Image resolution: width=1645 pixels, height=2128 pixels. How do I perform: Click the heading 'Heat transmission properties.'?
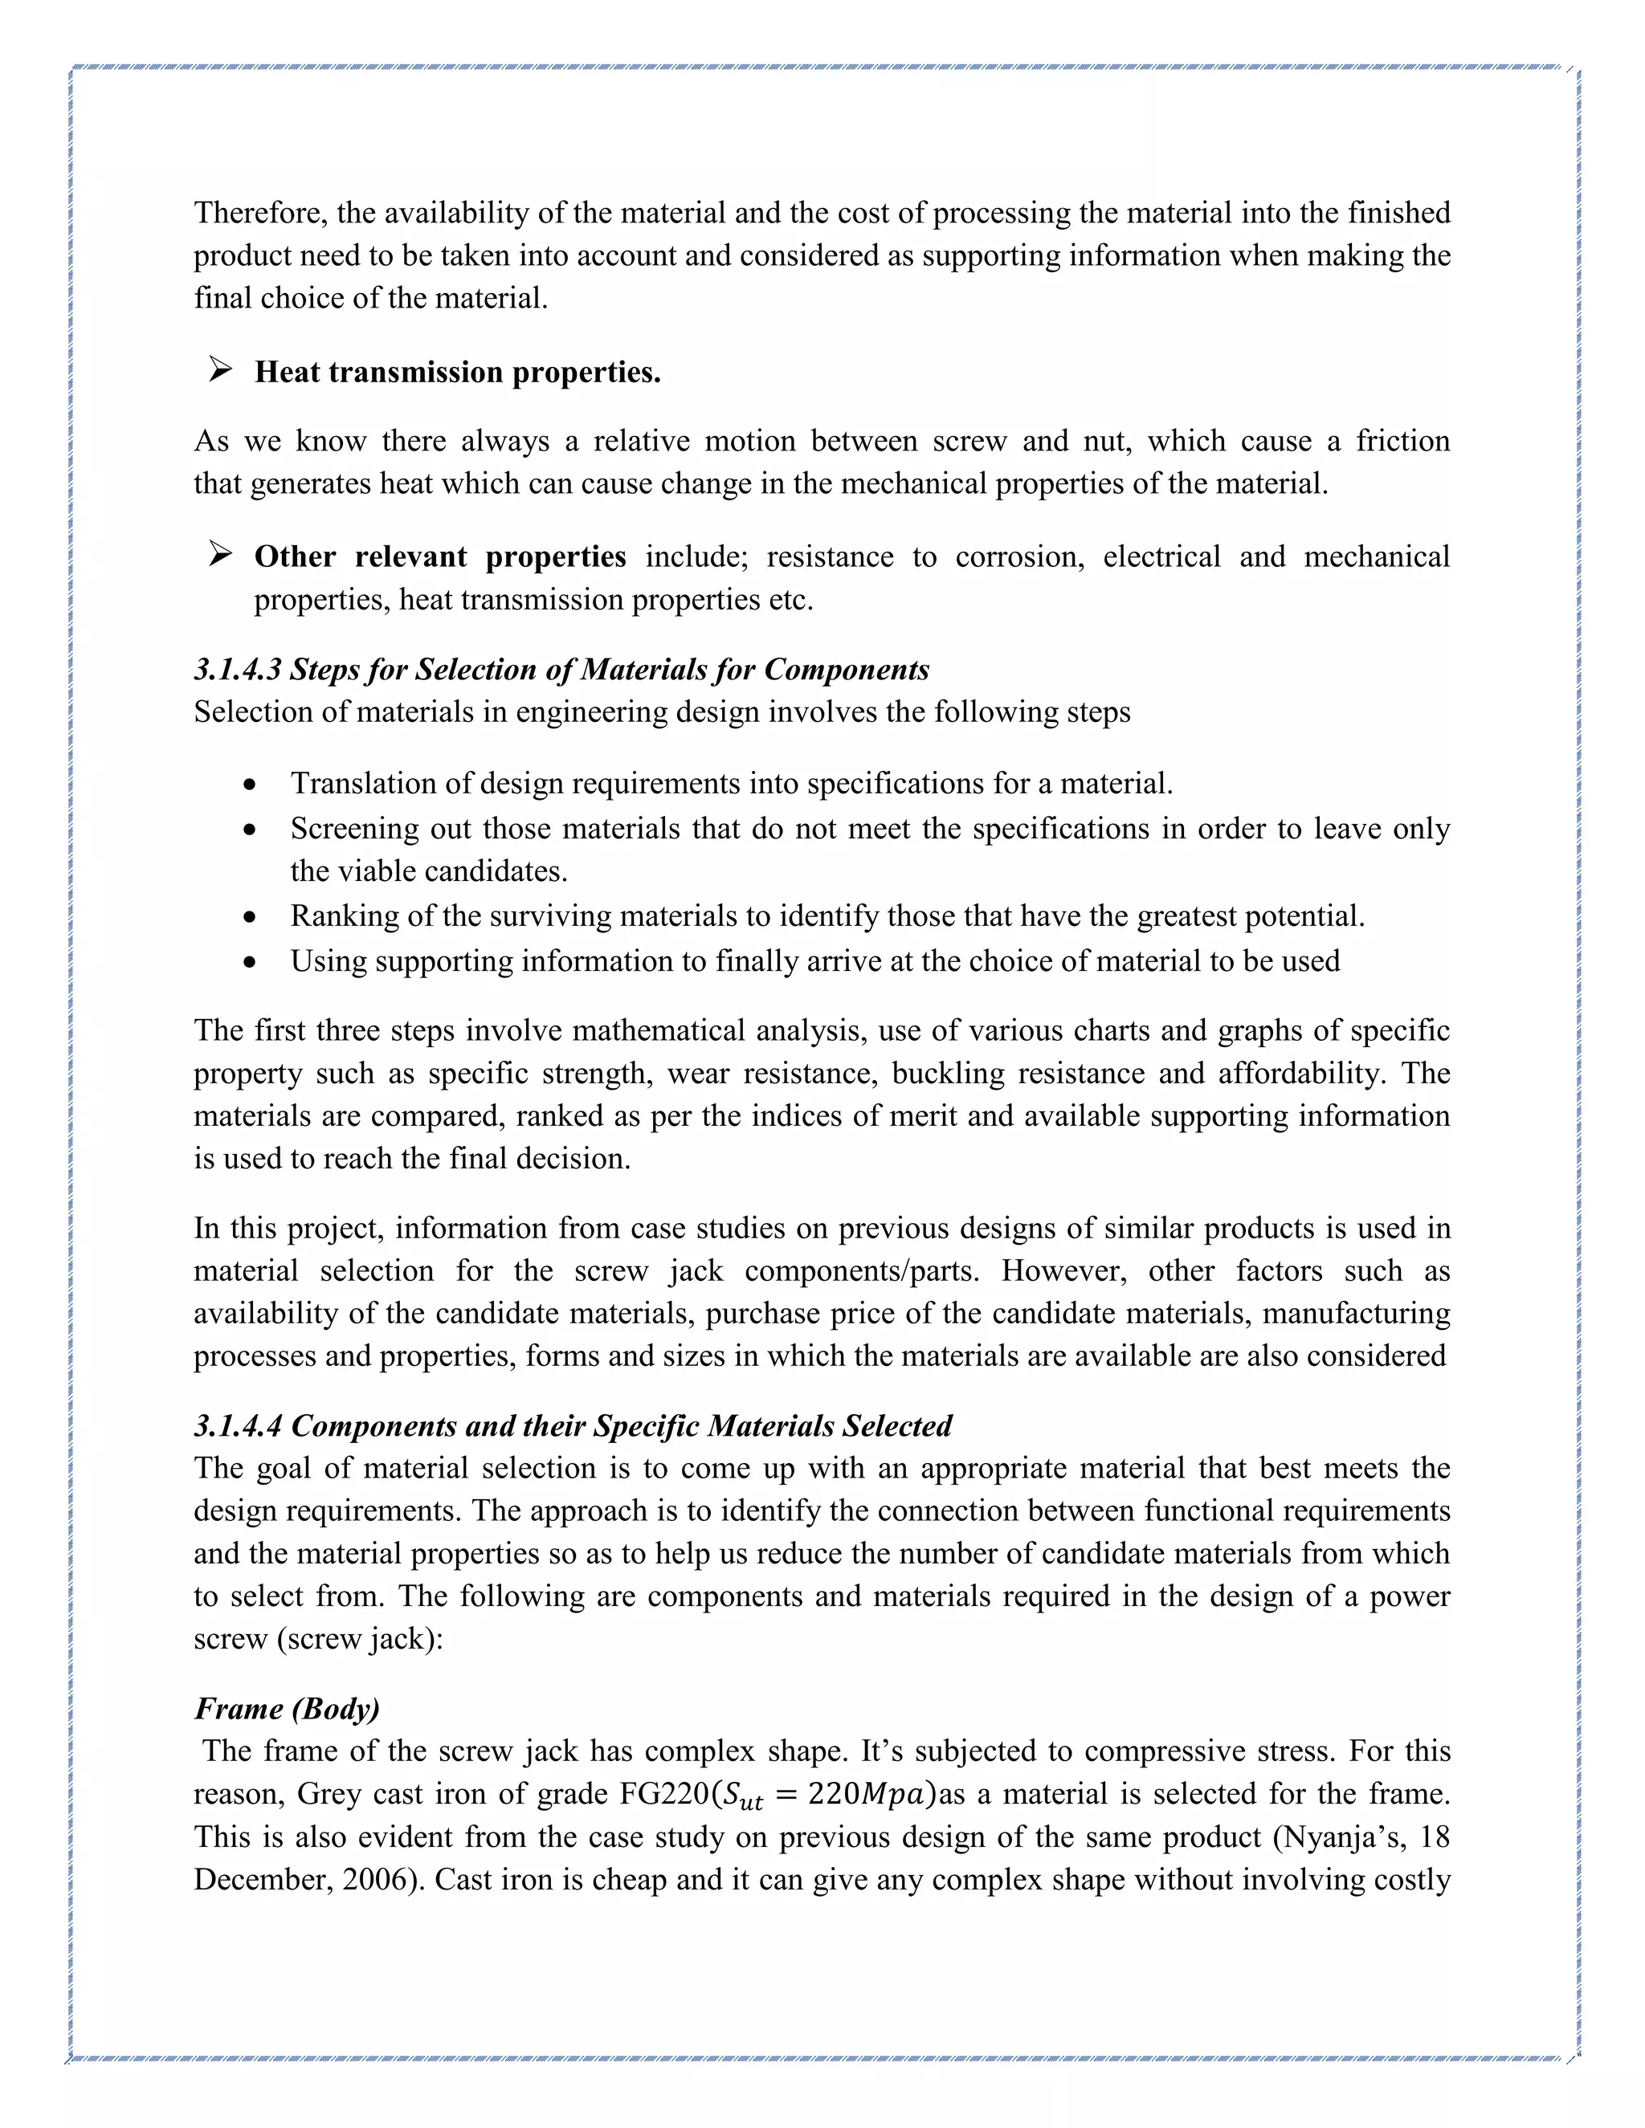click(x=457, y=373)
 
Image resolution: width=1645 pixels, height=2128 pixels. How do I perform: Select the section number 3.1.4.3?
click(x=237, y=670)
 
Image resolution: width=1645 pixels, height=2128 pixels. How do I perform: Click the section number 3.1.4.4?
click(x=238, y=1425)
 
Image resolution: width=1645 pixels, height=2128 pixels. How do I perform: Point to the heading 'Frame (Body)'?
click(x=287, y=1708)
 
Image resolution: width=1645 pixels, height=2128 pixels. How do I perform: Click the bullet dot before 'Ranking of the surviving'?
click(x=251, y=918)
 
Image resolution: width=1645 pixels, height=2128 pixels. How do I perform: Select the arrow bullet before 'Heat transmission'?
click(x=220, y=371)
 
